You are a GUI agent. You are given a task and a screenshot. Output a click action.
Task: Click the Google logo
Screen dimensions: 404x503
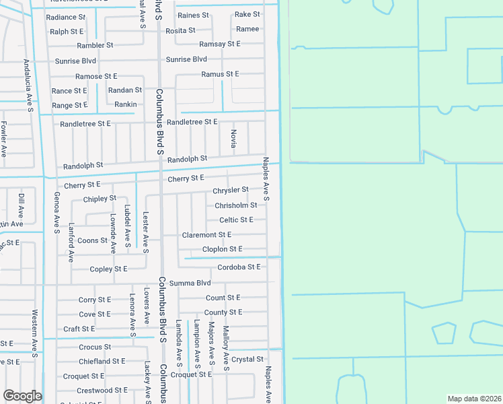[x=22, y=396]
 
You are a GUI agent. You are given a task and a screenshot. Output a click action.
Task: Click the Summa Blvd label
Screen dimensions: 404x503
[x=190, y=283]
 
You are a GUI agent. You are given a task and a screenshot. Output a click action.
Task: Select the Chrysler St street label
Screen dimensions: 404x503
[x=231, y=191]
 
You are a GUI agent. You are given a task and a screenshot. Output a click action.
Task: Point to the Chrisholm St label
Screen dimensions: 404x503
[x=235, y=205]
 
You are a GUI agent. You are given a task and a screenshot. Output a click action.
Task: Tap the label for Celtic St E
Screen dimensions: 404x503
[x=236, y=220]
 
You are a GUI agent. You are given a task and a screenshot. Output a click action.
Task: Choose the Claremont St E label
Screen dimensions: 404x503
[x=206, y=235]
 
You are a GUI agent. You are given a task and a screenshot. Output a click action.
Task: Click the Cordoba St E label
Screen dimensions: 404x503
[x=234, y=267]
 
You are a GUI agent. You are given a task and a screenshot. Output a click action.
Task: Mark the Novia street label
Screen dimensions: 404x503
[x=234, y=140]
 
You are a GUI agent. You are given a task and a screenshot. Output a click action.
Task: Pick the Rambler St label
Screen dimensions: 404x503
[x=95, y=46]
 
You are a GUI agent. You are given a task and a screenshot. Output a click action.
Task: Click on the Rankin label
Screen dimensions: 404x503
[x=125, y=104]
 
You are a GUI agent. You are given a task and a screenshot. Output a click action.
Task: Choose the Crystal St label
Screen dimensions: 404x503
[x=247, y=360]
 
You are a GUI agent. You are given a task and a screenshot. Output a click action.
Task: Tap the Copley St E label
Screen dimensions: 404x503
[x=108, y=269]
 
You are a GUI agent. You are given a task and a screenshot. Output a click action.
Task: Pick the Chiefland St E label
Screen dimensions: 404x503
[x=102, y=362]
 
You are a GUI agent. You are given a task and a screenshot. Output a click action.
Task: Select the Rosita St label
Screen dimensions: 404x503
[x=180, y=30]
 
